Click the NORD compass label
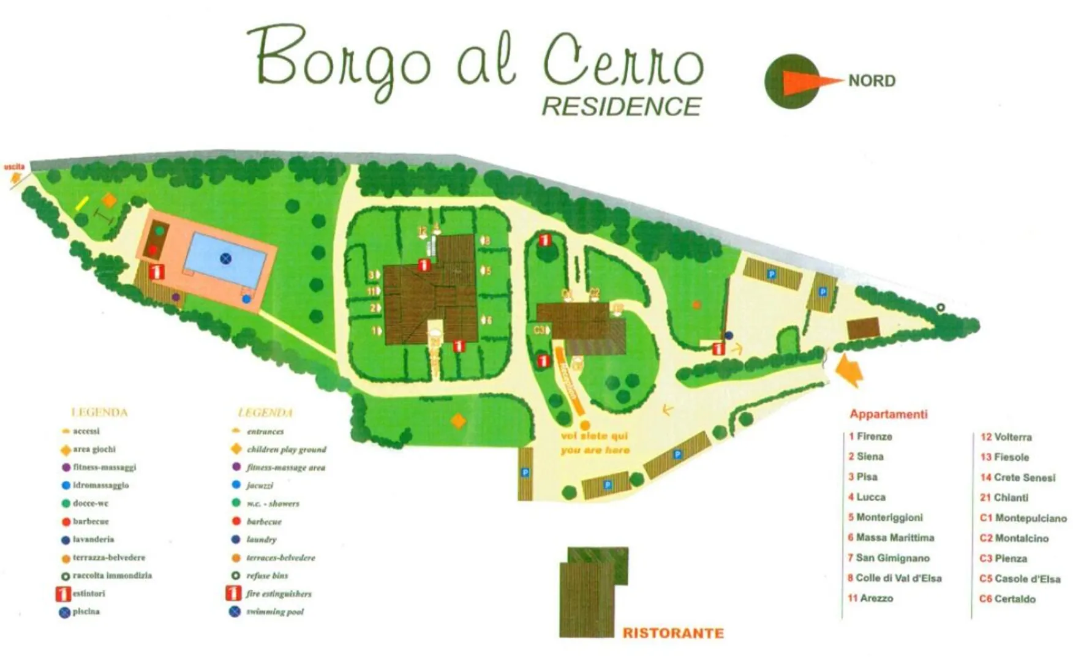point(872,81)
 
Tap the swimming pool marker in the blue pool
point(226,258)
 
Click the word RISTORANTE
point(672,633)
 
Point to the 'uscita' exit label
point(14,167)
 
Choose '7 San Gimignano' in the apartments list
point(889,558)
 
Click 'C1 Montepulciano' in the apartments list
point(1023,518)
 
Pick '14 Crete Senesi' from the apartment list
point(1018,477)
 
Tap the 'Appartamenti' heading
point(888,414)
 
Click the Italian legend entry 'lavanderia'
point(93,539)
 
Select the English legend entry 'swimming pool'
point(274,611)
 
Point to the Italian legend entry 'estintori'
point(89,593)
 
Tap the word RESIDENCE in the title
point(621,106)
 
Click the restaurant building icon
point(593,591)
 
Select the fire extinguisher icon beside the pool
point(157,271)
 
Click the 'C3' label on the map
point(539,330)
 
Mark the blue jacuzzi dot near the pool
point(246,299)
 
